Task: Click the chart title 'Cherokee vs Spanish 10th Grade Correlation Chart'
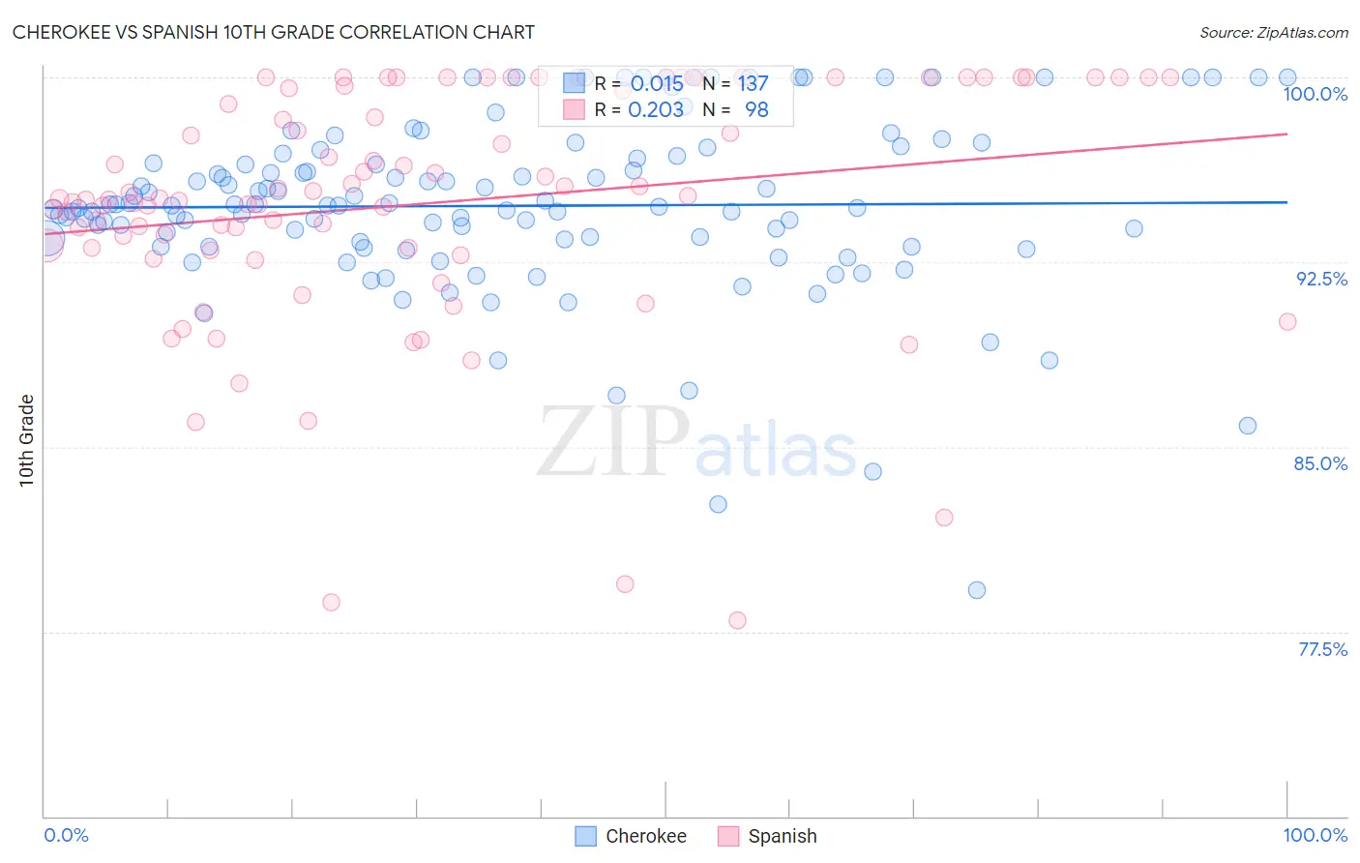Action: pyautogui.click(x=273, y=32)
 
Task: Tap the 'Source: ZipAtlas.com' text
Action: pyautogui.click(x=1273, y=32)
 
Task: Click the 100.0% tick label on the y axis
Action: pyautogui.click(x=1315, y=94)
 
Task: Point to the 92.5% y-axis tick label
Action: pyautogui.click(x=1321, y=279)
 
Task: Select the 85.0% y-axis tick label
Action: pyautogui.click(x=1320, y=463)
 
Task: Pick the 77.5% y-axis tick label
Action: pyautogui.click(x=1322, y=649)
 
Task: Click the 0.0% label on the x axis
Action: pyautogui.click(x=66, y=835)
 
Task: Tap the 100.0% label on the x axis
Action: pyautogui.click(x=1315, y=835)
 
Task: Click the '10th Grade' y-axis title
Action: pyautogui.click(x=26, y=440)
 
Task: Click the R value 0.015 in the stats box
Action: pyautogui.click(x=657, y=84)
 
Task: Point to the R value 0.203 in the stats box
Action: pyautogui.click(x=656, y=110)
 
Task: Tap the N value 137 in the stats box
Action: pyautogui.click(x=753, y=84)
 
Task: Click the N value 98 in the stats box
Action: pyautogui.click(x=756, y=110)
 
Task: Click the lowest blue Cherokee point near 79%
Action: pyautogui.click(x=977, y=590)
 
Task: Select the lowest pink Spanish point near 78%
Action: pyautogui.click(x=737, y=620)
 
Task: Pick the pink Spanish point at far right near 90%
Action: pyautogui.click(x=1287, y=321)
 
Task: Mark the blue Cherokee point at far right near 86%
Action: pyautogui.click(x=1248, y=426)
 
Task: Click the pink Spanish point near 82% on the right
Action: pyautogui.click(x=944, y=518)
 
